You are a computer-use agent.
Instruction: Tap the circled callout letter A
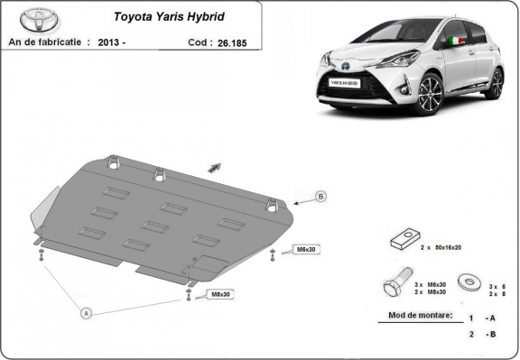(x=87, y=313)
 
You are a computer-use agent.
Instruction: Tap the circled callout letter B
(x=320, y=196)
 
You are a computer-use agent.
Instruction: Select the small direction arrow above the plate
(x=215, y=166)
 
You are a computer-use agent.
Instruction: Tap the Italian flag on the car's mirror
(x=457, y=41)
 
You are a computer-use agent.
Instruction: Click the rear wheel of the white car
(x=495, y=82)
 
